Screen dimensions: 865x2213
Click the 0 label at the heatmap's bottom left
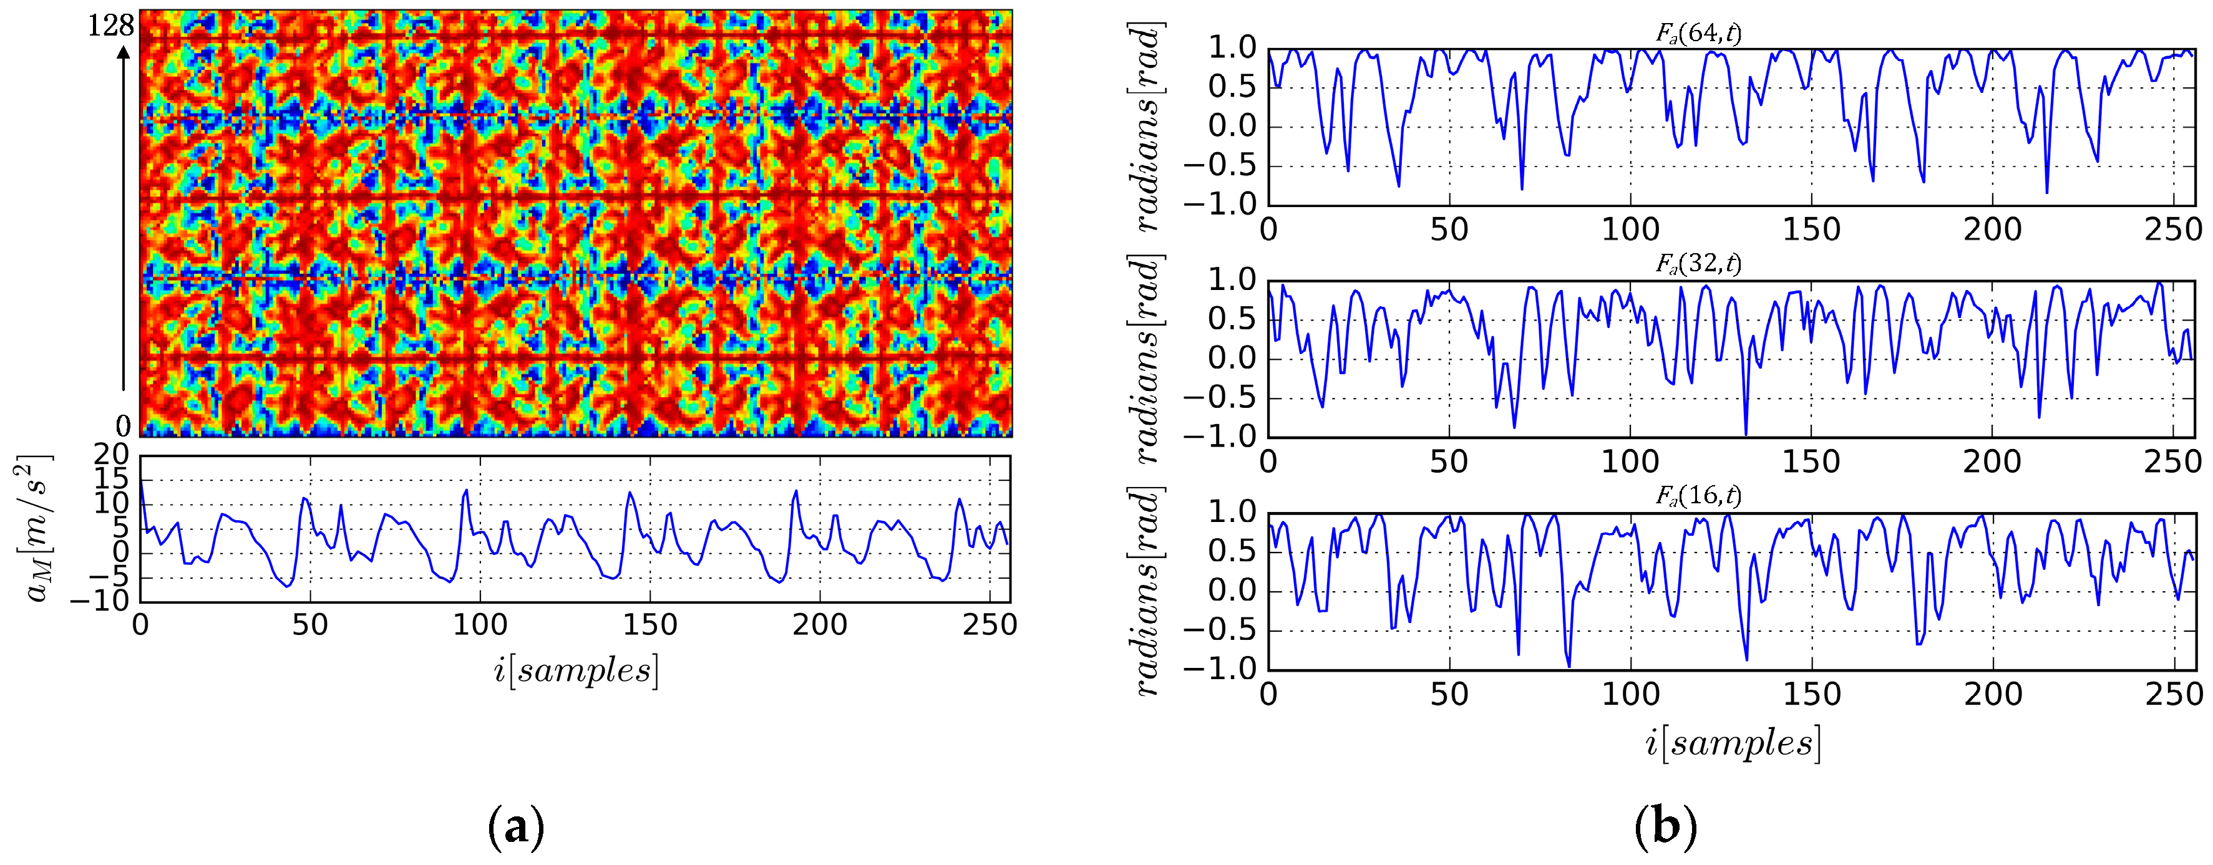tap(124, 425)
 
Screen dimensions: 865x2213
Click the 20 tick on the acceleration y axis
tap(111, 455)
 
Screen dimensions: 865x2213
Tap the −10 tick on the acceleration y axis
tap(100, 601)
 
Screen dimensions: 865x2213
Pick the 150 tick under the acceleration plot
tap(649, 626)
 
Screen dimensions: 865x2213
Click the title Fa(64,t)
tap(1698, 34)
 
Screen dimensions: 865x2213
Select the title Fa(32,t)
tap(1698, 264)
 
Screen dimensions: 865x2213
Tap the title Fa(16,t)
tap(1698, 496)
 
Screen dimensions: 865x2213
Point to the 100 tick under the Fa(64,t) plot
tap(1630, 230)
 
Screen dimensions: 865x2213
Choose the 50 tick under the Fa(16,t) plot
tap(1449, 694)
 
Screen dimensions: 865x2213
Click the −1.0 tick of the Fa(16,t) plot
tap(1220, 669)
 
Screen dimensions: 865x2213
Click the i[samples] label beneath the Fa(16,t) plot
tap(1732, 743)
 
